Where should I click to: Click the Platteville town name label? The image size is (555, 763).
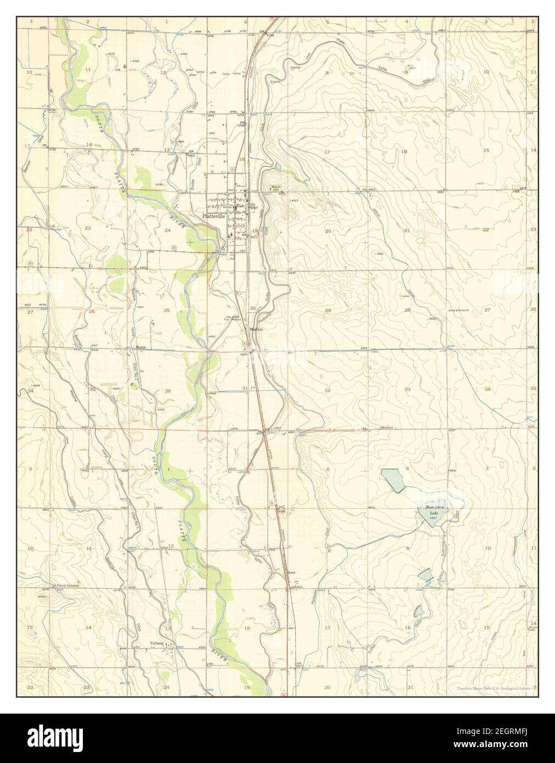[214, 216]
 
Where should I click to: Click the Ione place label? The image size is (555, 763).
[292, 572]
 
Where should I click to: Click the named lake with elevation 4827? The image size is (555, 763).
[431, 513]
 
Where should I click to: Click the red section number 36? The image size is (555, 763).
[167, 391]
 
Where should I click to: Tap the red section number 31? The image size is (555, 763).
[245, 388]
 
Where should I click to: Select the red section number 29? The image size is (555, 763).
[328, 311]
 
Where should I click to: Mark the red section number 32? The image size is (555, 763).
[328, 390]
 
